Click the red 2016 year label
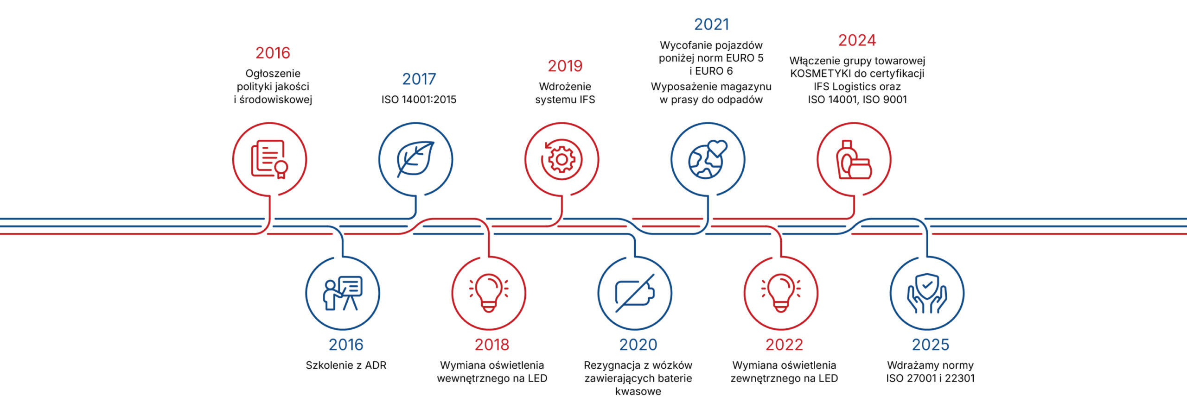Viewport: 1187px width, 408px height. point(273,53)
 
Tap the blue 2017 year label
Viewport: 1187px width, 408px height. point(419,79)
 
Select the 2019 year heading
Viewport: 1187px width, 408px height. point(565,66)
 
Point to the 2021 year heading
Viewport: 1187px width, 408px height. point(711,25)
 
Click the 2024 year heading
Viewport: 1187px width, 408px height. point(857,40)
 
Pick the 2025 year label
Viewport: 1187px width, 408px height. point(930,345)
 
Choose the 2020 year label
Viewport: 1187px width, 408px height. point(638,345)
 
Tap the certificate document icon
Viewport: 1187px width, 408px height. point(269,159)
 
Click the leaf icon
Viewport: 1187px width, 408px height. point(415,159)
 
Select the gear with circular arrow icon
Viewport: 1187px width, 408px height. point(562,159)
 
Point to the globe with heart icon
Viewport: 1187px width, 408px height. point(708,159)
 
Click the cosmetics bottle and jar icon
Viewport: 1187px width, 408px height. point(854,159)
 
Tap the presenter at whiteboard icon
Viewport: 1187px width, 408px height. point(343,293)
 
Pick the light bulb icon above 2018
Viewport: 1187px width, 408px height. point(489,293)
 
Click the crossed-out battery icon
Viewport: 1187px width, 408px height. point(635,293)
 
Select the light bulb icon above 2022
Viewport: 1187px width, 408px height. point(781,293)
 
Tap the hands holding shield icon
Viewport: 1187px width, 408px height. point(927,293)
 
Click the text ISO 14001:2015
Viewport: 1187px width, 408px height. point(419,100)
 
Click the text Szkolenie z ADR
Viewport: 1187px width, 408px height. point(346,365)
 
